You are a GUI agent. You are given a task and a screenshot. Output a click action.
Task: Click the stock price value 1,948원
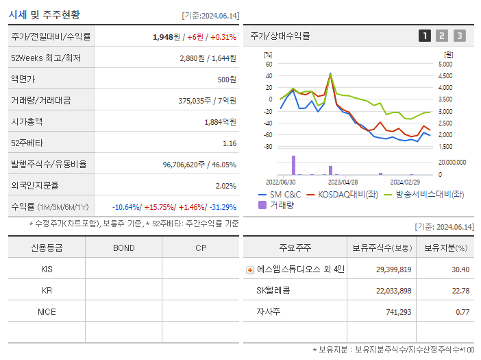click(x=169, y=37)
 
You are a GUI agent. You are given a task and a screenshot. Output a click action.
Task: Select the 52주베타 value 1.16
click(x=230, y=143)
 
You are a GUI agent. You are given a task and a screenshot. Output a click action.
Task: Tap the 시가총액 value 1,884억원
click(x=221, y=122)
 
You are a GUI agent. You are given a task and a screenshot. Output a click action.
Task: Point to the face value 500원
click(x=227, y=80)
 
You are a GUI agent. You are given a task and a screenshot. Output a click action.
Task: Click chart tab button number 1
click(x=425, y=36)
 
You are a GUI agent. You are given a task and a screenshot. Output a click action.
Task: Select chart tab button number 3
click(x=459, y=36)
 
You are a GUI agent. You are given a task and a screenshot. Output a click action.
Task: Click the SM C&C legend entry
click(x=282, y=195)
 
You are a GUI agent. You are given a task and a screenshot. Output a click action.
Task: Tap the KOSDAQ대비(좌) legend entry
click(x=343, y=195)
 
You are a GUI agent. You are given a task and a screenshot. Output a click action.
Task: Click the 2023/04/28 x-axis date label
click(x=343, y=182)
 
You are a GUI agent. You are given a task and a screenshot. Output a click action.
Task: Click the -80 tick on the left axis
click(x=268, y=147)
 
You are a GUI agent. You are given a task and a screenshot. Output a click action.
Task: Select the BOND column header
click(x=123, y=248)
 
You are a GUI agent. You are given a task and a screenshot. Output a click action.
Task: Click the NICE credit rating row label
click(x=47, y=311)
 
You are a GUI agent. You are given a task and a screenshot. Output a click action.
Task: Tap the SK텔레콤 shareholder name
click(x=273, y=291)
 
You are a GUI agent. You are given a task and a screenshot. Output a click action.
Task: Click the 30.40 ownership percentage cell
click(x=460, y=269)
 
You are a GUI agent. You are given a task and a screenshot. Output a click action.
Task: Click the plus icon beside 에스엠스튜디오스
click(x=249, y=270)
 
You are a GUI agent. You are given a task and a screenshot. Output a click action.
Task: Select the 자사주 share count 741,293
click(x=394, y=311)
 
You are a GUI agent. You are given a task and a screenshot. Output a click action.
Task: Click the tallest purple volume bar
click(x=293, y=165)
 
